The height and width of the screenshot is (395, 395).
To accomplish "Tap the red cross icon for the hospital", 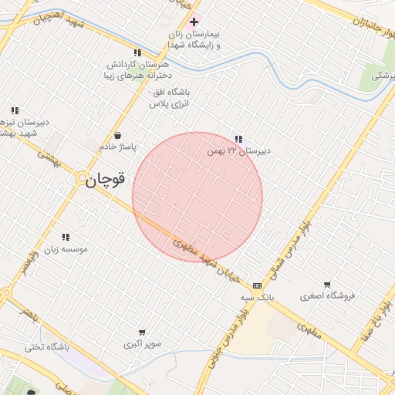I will [x=194, y=22].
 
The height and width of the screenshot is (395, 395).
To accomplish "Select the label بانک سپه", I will [x=257, y=297].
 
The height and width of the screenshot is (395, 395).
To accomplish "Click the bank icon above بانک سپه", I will [x=257, y=285].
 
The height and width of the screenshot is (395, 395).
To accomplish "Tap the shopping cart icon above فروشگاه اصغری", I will [x=328, y=283].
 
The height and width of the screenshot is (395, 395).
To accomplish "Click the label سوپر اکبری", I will [x=141, y=344].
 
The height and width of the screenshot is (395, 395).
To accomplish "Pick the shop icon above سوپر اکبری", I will [x=141, y=333].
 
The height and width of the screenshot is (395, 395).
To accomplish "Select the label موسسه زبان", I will [x=65, y=249].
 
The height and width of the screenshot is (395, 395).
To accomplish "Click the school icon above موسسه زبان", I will [x=65, y=237].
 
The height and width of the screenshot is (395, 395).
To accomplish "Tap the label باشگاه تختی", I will [x=46, y=347].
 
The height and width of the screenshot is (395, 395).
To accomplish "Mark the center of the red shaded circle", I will [x=197, y=197].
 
